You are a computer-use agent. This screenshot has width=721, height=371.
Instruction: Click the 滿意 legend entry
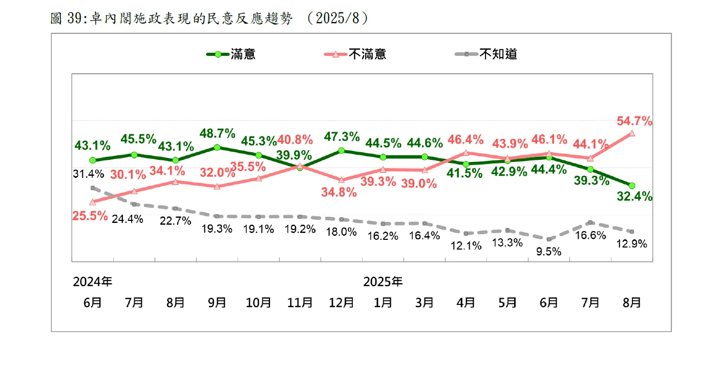231,54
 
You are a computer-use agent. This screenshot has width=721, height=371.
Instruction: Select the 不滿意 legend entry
355,54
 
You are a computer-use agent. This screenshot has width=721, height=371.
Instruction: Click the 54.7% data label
634,121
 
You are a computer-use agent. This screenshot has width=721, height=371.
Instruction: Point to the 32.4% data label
634,196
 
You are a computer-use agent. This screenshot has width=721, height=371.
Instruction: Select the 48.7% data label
217,134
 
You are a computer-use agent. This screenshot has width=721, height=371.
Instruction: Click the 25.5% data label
90,216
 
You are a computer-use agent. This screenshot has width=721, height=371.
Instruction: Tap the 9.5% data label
548,252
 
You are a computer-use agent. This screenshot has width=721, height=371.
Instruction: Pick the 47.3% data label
342,137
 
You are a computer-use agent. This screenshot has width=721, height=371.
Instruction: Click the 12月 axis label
342,302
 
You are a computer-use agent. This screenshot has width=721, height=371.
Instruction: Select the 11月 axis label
300,302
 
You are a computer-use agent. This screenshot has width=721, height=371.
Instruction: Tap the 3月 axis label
425,302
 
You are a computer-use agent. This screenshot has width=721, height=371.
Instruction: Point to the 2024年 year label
93,281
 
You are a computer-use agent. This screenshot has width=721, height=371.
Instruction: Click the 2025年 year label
383,281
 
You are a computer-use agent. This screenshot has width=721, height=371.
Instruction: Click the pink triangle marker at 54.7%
632,133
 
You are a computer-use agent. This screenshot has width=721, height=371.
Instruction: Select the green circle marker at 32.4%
632,185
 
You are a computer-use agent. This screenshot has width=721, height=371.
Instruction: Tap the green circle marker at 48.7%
217,148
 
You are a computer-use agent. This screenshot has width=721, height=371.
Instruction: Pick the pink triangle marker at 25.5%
93,202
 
